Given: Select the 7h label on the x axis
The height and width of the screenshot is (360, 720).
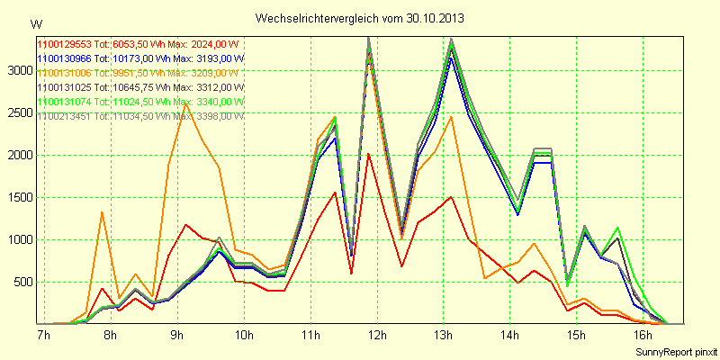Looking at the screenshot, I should pos(42,335).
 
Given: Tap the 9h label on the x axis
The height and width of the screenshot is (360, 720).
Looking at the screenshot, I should pos(176,335).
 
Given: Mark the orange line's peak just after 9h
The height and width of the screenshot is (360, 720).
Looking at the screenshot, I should pos(185,102).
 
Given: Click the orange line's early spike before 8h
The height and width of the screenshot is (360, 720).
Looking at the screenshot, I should pos(103,212).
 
